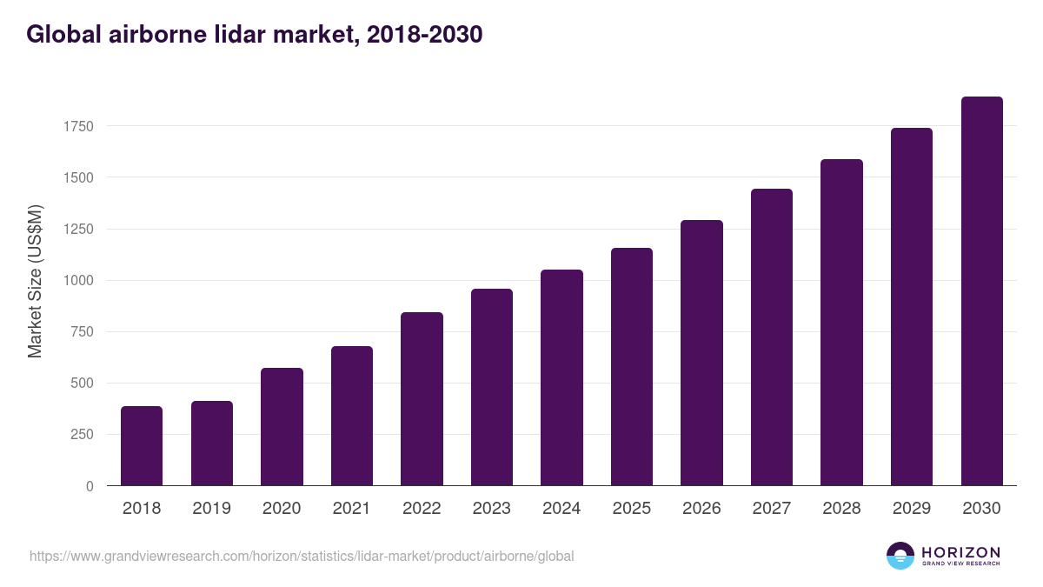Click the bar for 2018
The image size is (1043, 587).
pyautogui.click(x=142, y=446)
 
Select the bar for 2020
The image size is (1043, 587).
pyautogui.click(x=282, y=427)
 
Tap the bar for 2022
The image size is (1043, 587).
pyautogui.click(x=422, y=399)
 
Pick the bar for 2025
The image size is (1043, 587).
pyautogui.click(x=632, y=367)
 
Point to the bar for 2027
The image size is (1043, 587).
pyautogui.click(x=772, y=337)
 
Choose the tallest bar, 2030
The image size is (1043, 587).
pyautogui.click(x=981, y=291)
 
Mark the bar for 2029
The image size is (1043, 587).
pyautogui.click(x=912, y=307)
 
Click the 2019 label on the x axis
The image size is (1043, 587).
pyautogui.click(x=211, y=508)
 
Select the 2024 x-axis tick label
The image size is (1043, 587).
pyautogui.click(x=561, y=508)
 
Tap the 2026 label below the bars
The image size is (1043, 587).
pyautogui.click(x=701, y=508)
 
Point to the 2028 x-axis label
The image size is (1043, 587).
pyautogui.click(x=841, y=508)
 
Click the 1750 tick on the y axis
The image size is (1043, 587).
pyautogui.click(x=77, y=127)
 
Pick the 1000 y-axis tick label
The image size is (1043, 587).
pyautogui.click(x=77, y=281)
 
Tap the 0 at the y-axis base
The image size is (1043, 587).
pyautogui.click(x=90, y=487)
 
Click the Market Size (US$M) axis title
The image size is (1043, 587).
pyautogui.click(x=35, y=281)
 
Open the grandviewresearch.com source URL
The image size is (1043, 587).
pyautogui.click(x=302, y=556)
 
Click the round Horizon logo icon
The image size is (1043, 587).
pyautogui.click(x=900, y=556)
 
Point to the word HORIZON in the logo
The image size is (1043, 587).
pyautogui.click(x=960, y=552)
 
